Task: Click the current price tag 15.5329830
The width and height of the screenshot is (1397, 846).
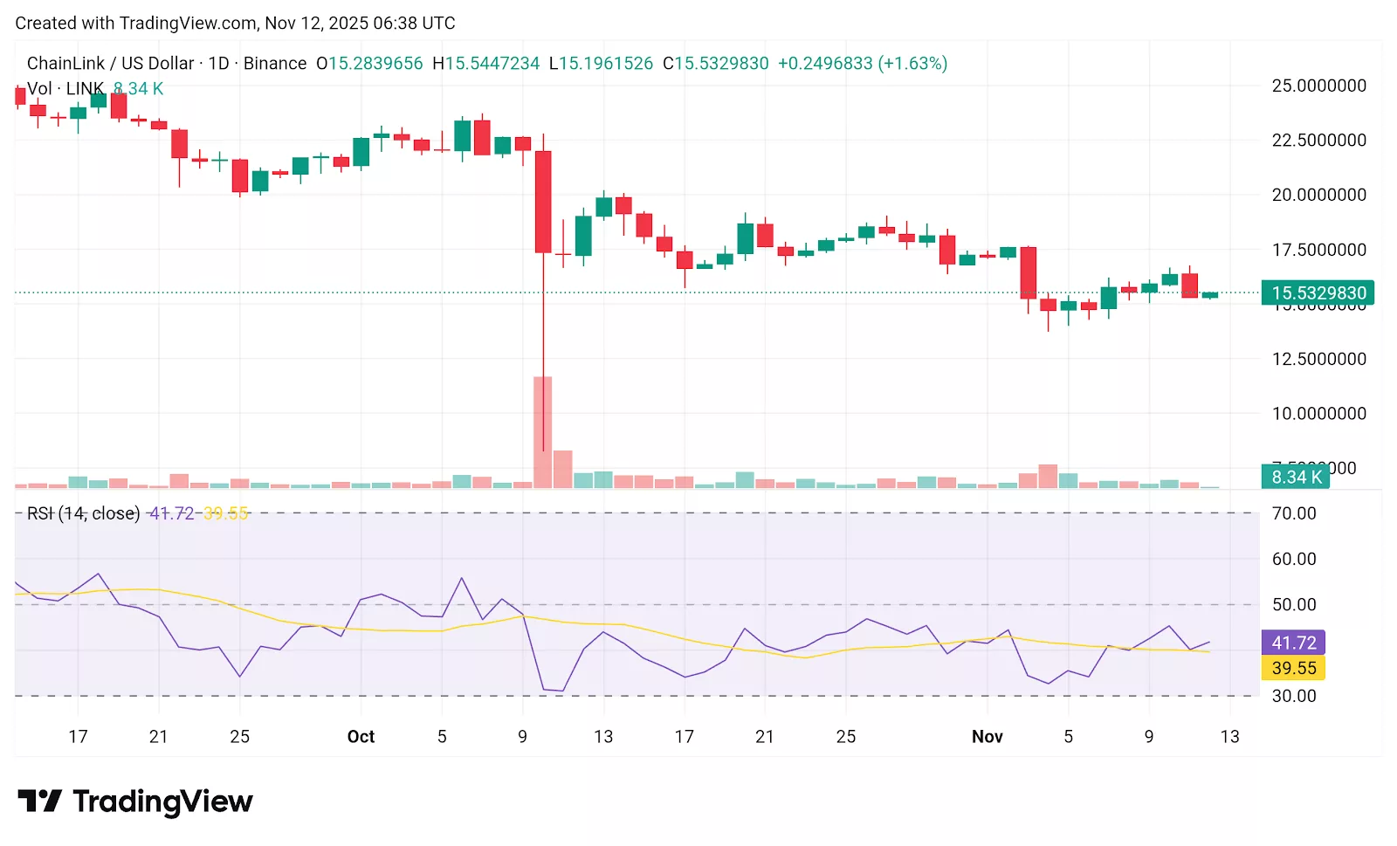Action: point(1318,293)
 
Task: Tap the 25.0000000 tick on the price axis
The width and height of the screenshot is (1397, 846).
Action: point(1318,86)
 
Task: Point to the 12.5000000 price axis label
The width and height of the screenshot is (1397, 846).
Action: point(1318,359)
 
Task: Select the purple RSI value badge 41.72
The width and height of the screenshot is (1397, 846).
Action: point(1293,643)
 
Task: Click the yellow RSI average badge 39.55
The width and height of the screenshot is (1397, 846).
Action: point(1293,668)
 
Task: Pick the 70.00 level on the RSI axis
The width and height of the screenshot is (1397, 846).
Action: point(1294,513)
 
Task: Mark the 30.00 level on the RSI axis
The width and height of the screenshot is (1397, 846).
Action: point(1294,696)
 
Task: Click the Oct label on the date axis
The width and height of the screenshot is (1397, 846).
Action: point(361,737)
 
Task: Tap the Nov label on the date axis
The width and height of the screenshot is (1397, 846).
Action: point(988,737)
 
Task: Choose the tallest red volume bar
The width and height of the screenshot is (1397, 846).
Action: point(543,432)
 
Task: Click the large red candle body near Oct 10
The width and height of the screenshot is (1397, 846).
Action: point(543,202)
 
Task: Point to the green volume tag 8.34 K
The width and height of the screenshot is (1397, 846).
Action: point(1295,477)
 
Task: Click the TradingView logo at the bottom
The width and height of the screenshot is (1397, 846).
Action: point(135,801)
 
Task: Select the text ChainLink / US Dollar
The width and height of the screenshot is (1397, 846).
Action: point(110,64)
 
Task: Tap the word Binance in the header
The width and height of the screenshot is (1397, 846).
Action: point(275,64)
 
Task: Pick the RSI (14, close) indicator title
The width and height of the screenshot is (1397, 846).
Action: point(83,513)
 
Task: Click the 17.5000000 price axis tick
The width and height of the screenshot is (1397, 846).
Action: point(1318,250)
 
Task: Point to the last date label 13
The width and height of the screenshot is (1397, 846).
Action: point(1229,737)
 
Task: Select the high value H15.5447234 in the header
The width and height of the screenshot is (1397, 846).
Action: point(486,64)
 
